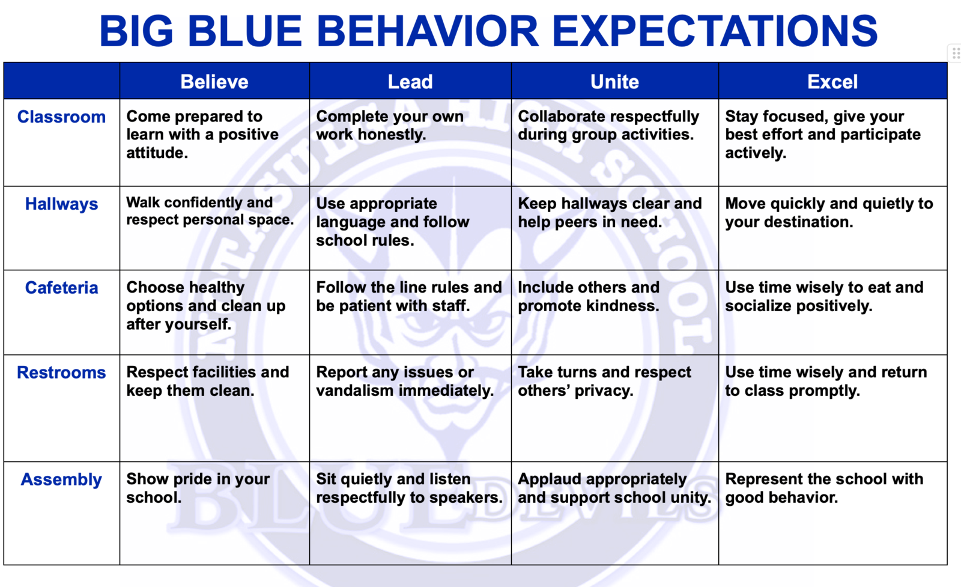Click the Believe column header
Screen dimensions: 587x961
coord(214,82)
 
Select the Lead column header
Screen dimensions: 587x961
coord(410,82)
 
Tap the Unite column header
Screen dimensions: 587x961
coord(614,82)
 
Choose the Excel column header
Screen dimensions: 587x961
coord(832,82)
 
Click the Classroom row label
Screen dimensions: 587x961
coord(61,117)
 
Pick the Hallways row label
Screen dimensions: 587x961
coord(61,204)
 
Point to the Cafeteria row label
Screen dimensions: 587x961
coord(61,288)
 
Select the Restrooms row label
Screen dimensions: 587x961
coord(61,373)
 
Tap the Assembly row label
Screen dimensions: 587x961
coord(61,479)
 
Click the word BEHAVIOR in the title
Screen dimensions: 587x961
coord(428,31)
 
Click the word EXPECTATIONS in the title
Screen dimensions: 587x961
coord(715,31)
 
